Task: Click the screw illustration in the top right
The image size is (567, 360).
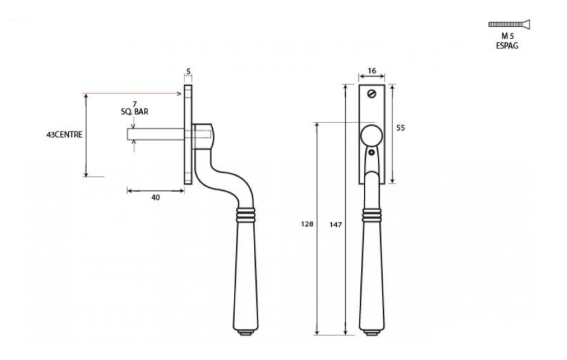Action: tap(509, 25)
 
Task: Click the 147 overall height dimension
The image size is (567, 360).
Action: tap(337, 225)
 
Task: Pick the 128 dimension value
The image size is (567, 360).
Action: tap(307, 223)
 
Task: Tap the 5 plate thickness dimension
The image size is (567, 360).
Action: tap(189, 71)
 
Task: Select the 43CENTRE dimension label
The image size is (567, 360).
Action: tap(64, 134)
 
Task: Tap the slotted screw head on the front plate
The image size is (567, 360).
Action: tap(372, 94)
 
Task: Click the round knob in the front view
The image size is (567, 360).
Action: tap(372, 136)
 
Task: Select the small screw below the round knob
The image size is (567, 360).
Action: tap(372, 154)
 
